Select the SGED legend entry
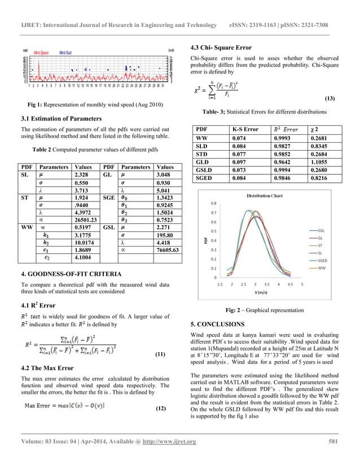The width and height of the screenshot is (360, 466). point(323,261)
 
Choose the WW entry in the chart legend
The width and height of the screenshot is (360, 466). point(322,269)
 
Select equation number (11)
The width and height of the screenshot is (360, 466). point(160,355)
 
